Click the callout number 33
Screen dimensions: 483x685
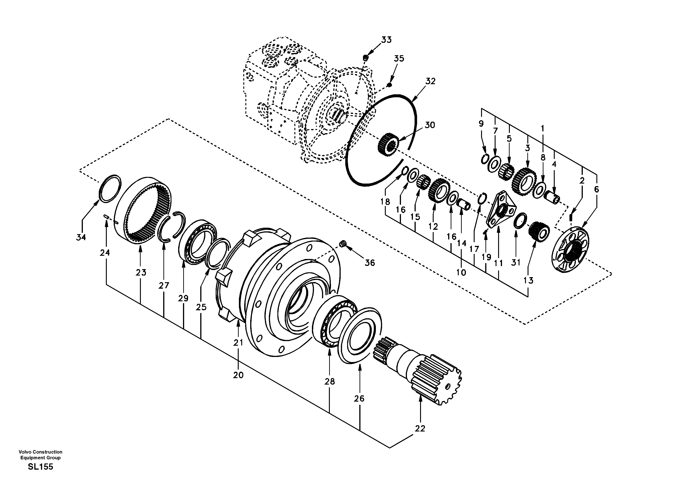(x=386, y=40)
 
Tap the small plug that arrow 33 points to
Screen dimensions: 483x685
(x=366, y=57)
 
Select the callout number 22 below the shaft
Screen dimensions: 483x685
(x=420, y=428)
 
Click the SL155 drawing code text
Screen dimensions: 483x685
(x=40, y=467)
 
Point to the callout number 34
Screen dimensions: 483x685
(x=81, y=237)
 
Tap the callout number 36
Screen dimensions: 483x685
(x=370, y=263)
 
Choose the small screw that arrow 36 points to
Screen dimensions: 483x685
(x=343, y=244)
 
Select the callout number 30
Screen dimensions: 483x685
(x=430, y=125)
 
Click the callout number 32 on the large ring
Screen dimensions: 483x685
(x=430, y=81)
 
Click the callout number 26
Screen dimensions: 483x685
(x=359, y=399)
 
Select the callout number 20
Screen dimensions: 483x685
(x=238, y=375)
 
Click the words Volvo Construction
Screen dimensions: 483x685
(x=40, y=452)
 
